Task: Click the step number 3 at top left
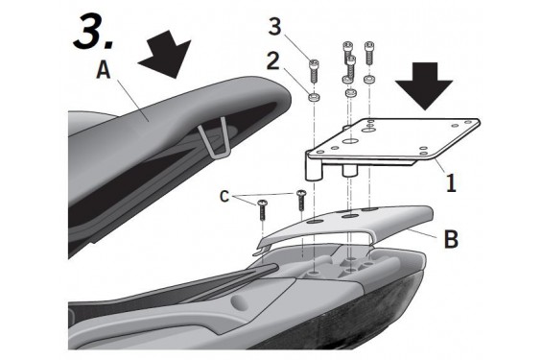92,32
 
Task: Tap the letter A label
104,71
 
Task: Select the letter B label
451,238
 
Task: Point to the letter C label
224,197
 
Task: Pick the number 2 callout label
273,60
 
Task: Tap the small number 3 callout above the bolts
274,27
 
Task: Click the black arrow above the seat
166,53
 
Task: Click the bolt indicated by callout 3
314,70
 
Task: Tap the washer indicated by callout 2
313,97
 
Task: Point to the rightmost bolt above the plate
369,53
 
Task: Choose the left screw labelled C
262,210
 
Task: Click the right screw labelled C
301,200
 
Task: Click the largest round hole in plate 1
350,141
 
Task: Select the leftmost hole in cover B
315,222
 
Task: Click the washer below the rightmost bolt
368,80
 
